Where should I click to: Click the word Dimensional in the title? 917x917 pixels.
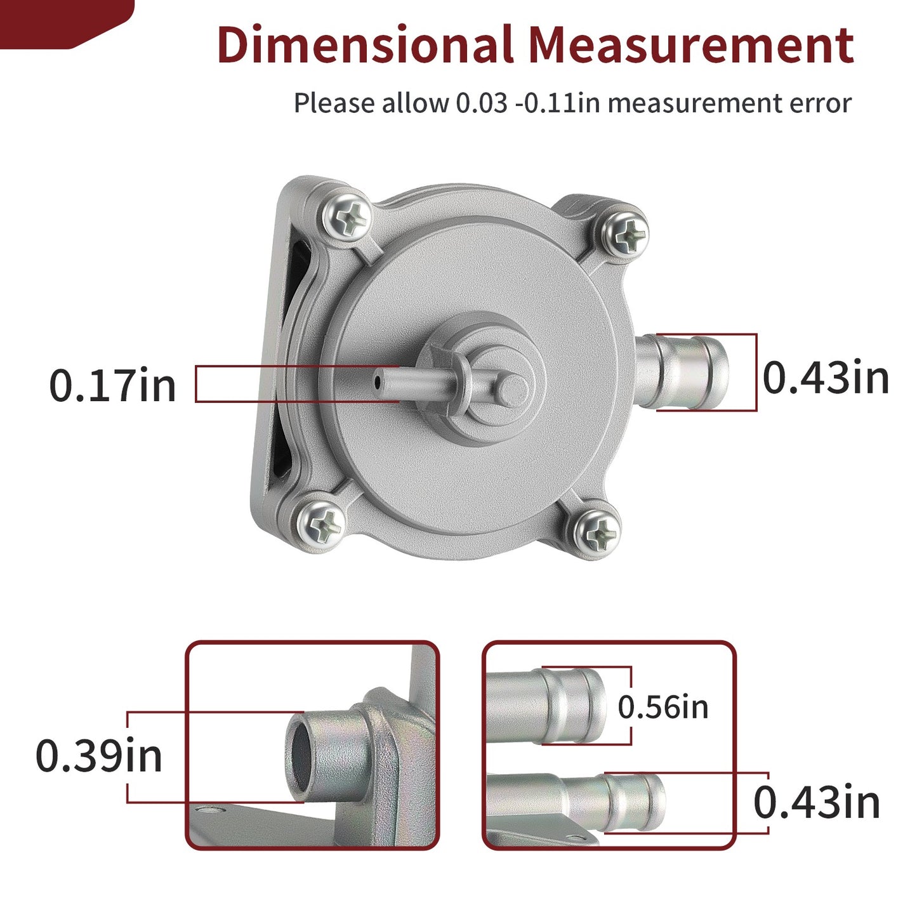[365, 44]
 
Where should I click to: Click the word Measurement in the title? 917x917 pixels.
[691, 44]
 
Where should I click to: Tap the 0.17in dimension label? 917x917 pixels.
[113, 385]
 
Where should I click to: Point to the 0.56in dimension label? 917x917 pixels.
[663, 707]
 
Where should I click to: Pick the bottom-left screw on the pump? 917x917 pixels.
[320, 526]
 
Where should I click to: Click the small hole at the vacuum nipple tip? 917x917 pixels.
[378, 381]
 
